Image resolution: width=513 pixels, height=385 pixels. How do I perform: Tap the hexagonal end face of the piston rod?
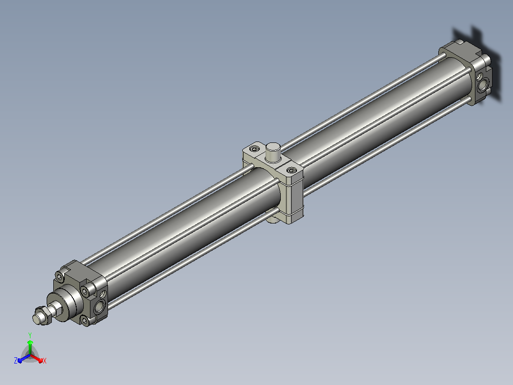pos(37,318)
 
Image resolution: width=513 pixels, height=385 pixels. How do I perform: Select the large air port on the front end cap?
pos(99,307)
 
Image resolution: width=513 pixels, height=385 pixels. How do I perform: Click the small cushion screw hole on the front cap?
pos(103,294)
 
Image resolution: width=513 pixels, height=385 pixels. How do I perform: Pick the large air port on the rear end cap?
pos(483,84)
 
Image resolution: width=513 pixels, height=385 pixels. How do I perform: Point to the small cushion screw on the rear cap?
pos(479,77)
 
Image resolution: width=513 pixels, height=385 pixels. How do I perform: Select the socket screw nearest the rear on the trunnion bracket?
pos(255,149)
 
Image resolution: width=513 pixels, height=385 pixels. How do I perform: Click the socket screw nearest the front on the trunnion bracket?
pos(291,170)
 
